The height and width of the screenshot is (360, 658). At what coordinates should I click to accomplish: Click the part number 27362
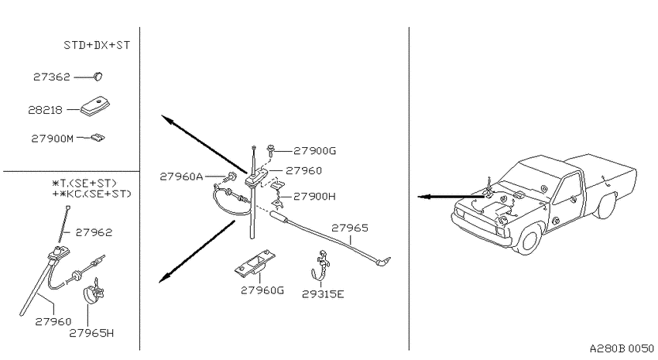tap(52, 77)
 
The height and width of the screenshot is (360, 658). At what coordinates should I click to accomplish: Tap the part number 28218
tap(45, 110)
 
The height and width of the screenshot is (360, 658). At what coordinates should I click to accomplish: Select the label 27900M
tap(53, 139)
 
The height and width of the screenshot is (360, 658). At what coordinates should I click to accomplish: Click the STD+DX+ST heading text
tap(97, 45)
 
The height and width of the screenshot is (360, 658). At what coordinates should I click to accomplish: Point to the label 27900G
tap(315, 151)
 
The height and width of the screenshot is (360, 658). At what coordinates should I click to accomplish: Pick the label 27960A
tap(181, 177)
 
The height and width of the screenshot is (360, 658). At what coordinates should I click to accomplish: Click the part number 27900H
tap(314, 197)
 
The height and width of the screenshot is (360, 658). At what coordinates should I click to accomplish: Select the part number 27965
tap(350, 228)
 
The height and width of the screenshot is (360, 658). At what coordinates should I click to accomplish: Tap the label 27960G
tap(262, 290)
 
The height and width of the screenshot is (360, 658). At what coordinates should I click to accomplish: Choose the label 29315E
tap(323, 294)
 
